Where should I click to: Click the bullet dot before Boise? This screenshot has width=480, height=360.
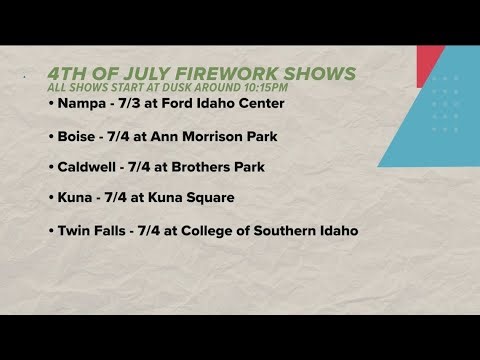(x=49, y=135)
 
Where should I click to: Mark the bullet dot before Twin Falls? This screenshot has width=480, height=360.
(x=49, y=231)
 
